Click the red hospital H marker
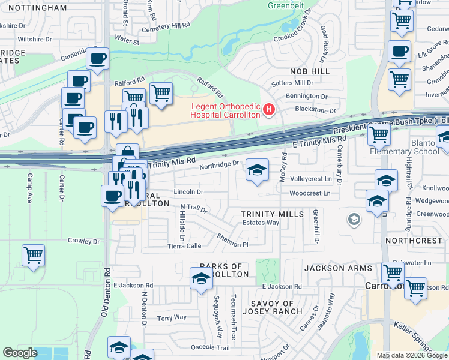click(x=268, y=110)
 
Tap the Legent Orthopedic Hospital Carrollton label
click(x=225, y=110)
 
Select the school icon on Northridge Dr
click(x=256, y=171)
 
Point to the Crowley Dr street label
click(x=83, y=241)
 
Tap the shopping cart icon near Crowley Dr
click(x=33, y=255)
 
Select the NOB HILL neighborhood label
click(x=310, y=71)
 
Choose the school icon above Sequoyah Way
click(x=201, y=279)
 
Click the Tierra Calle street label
click(x=185, y=246)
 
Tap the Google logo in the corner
click(x=20, y=352)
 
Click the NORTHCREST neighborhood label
click(x=414, y=240)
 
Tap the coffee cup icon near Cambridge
click(x=97, y=59)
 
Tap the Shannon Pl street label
click(x=232, y=240)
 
